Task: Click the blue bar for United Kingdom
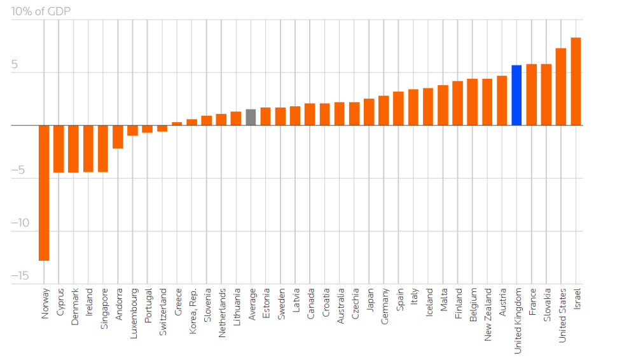516,95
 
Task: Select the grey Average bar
251,118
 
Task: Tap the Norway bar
44,193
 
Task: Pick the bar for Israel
576,81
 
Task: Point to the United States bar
561,87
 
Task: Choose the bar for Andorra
118,137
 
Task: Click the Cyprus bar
59,149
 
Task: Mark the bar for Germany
384,111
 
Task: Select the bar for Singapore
103,149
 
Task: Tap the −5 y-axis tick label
20,170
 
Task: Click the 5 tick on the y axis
15,65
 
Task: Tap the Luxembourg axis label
134,312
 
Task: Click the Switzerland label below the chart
163,312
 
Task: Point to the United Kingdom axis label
518,321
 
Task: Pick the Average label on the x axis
251,305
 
